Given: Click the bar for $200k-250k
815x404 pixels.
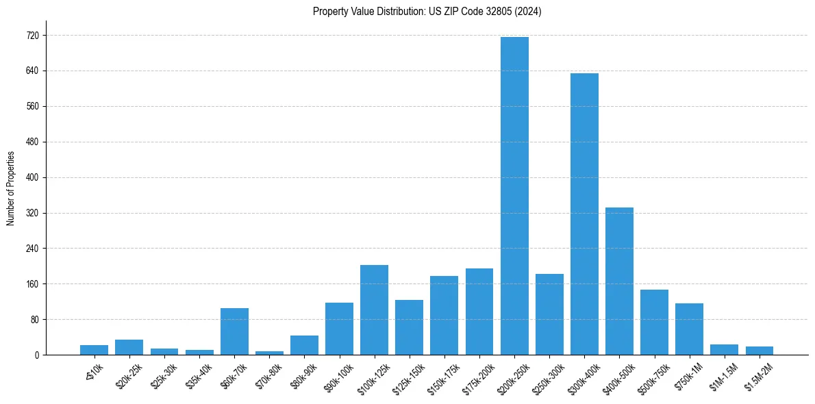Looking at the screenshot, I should click(514, 196).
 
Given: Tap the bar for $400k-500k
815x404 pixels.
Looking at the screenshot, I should click(619, 281).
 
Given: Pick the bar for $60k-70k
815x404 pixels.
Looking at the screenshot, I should click(234, 331).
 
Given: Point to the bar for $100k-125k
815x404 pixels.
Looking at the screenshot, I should click(374, 310).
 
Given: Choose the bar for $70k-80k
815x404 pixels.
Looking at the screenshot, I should click(269, 353).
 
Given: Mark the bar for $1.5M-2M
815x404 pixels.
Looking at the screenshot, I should click(759, 351).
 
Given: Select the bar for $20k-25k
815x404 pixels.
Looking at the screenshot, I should click(129, 347).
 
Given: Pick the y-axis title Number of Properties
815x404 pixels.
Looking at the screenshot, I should click(10, 188).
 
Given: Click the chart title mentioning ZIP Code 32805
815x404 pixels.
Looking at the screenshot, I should click(427, 12).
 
